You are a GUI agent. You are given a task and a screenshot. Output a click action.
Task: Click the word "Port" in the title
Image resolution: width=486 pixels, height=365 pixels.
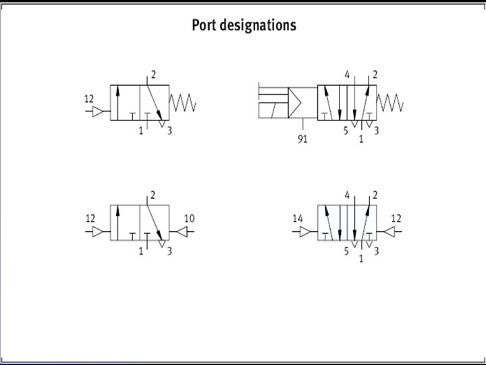point(203,26)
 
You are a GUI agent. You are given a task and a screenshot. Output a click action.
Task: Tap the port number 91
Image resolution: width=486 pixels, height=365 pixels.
point(303,140)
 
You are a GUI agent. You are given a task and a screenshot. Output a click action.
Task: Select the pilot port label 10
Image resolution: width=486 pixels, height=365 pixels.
point(189,218)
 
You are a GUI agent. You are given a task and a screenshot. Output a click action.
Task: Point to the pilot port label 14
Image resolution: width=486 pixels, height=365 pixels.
point(298,218)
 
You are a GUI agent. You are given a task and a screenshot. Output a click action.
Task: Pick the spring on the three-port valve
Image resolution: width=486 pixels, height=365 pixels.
point(183,103)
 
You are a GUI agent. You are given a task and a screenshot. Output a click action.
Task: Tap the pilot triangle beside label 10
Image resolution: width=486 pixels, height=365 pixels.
point(180,232)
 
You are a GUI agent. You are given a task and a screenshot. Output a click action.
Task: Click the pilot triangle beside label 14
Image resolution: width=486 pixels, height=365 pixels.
point(306,232)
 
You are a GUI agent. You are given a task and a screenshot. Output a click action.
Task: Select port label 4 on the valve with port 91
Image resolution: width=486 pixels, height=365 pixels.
point(347,75)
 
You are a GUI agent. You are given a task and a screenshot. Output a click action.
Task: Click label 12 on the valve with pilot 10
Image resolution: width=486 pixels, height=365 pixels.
point(90,218)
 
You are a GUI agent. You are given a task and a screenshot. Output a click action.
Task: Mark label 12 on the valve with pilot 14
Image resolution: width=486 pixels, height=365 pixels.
point(396,218)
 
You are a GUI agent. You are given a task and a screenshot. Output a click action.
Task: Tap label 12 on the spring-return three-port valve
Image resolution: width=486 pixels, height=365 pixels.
point(89,99)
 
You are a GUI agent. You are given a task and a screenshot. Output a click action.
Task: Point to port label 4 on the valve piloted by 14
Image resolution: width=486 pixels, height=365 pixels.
point(347,195)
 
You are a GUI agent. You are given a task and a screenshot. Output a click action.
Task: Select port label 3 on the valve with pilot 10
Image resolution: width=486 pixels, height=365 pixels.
point(169,251)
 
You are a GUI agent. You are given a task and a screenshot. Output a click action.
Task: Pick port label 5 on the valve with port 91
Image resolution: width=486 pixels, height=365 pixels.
point(346,130)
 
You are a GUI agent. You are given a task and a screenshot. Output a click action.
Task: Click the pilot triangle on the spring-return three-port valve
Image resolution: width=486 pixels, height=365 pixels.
point(99,112)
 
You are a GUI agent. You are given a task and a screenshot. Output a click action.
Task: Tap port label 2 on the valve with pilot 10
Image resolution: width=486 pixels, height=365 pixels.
point(153,195)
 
